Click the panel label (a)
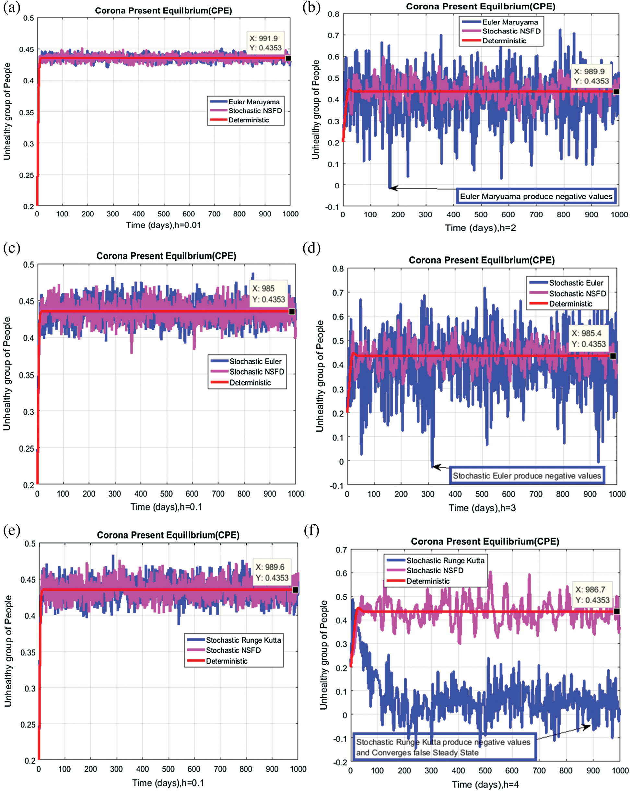[11, 7]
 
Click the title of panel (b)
[480, 6]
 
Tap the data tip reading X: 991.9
[265, 43]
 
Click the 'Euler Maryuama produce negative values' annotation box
[536, 196]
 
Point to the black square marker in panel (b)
[616, 92]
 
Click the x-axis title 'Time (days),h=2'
[480, 228]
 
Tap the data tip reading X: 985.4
[589, 338]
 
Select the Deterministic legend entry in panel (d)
[570, 304]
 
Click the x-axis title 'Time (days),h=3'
[482, 508]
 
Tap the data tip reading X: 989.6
[272, 572]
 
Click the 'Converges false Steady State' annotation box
[444, 747]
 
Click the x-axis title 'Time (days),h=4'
[485, 785]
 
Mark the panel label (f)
[312, 530]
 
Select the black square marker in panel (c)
[292, 311]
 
